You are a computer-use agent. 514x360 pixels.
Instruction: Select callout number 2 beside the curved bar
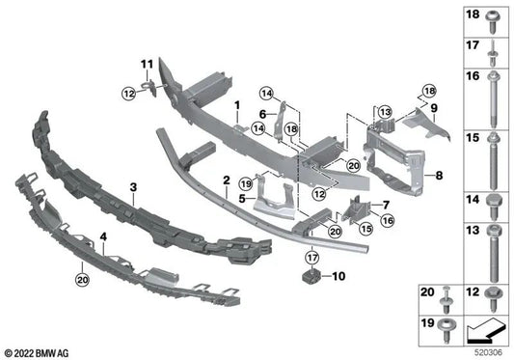224,180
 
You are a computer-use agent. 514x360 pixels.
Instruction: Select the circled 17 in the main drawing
311,257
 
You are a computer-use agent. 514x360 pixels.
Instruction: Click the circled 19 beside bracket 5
247,183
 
